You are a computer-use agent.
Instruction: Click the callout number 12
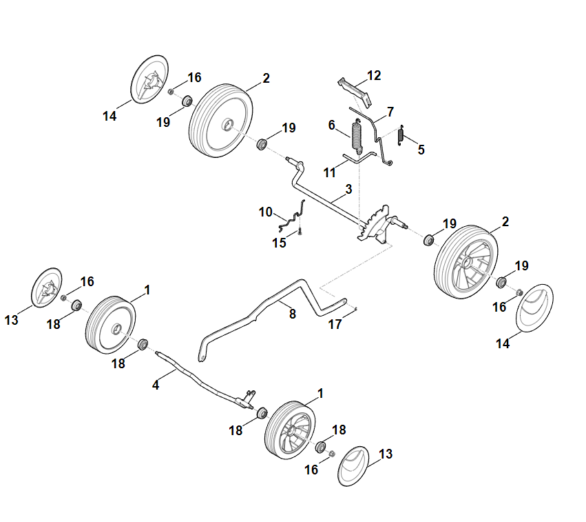click(374, 75)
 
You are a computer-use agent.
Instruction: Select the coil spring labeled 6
click(357, 137)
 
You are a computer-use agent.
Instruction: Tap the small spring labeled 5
click(401, 135)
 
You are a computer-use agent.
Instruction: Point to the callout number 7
click(390, 112)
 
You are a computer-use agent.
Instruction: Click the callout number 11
click(329, 172)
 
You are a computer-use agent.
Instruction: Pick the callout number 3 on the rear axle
click(348, 189)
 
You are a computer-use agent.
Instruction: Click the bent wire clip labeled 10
click(292, 217)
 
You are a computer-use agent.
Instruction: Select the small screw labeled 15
click(300, 231)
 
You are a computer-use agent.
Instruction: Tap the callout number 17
click(335, 324)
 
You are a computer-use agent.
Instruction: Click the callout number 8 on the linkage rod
click(292, 314)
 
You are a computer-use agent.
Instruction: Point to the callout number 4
click(156, 385)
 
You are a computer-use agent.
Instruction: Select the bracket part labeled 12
click(355, 92)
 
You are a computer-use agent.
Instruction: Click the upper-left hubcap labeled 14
click(149, 80)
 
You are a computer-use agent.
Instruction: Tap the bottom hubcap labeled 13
click(353, 466)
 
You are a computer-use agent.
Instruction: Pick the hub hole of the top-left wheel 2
click(228, 125)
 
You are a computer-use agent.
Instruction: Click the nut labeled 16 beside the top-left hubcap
click(171, 91)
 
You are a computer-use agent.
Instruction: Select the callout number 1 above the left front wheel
click(147, 290)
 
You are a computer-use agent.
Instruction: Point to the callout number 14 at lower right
click(503, 343)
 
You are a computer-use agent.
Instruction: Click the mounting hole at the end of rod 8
click(202, 359)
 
